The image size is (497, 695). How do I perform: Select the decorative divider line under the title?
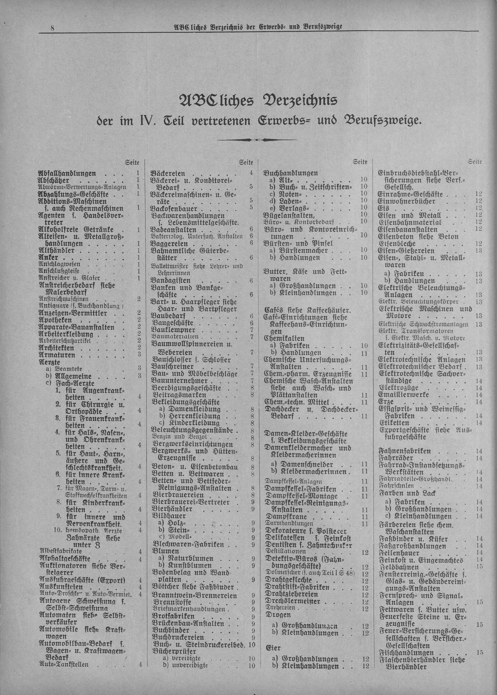click(257, 141)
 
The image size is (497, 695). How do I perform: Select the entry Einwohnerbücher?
click(407, 201)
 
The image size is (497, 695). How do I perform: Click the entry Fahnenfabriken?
click(405, 451)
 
